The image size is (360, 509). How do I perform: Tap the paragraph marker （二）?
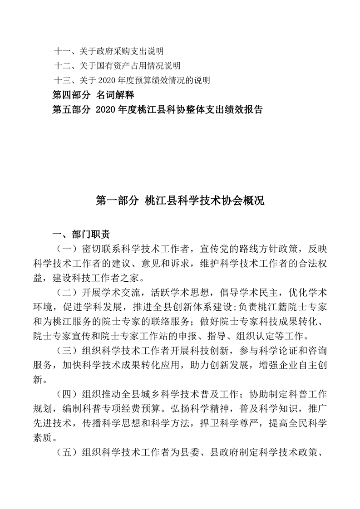point(65,290)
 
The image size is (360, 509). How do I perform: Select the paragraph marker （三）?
point(65,351)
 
